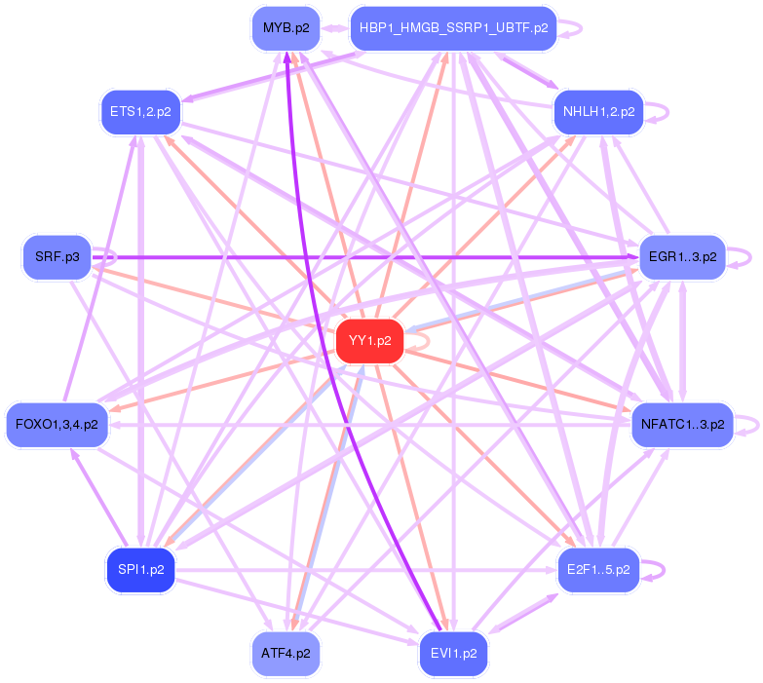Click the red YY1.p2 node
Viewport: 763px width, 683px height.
[x=369, y=341]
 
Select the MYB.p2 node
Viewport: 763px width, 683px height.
[x=286, y=28]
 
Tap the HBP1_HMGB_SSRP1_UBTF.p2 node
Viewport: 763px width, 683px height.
[x=453, y=28]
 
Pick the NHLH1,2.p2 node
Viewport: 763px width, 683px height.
[x=598, y=112]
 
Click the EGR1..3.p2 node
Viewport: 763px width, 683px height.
[x=682, y=258]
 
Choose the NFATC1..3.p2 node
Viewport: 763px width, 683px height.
[x=682, y=424]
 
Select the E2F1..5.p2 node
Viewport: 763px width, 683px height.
[x=598, y=569]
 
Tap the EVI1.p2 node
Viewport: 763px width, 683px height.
[x=453, y=653]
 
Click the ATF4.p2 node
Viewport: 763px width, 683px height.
[x=286, y=653]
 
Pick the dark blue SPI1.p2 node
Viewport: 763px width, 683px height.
[x=140, y=569]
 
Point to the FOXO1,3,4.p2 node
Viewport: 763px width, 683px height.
[x=57, y=424]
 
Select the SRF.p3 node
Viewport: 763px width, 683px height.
[x=57, y=258]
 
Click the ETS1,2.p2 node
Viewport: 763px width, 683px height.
[x=140, y=112]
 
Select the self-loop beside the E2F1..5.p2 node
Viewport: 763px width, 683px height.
[x=663, y=569]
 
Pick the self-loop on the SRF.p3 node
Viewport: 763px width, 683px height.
[x=112, y=258]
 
